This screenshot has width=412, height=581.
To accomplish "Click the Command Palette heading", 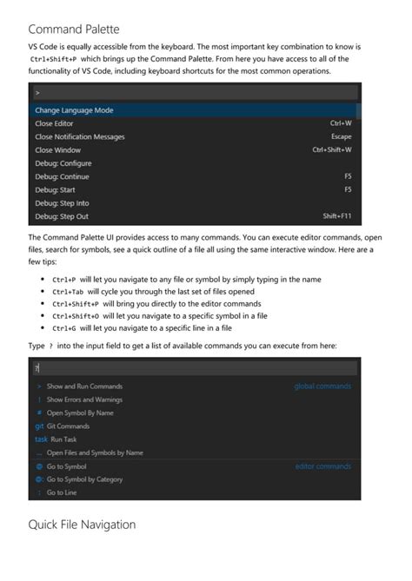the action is tap(74, 29).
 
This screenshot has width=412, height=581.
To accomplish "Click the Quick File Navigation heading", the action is tap(82, 525).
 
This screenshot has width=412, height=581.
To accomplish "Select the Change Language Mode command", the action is tap(74, 110).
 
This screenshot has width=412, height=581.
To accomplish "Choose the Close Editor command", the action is tap(54, 124).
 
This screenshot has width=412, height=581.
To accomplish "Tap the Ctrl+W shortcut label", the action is tap(341, 124).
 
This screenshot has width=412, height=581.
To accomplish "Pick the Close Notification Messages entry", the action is tap(79, 137).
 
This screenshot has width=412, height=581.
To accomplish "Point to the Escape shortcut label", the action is tap(342, 137).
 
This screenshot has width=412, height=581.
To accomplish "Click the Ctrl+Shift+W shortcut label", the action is tap(332, 150).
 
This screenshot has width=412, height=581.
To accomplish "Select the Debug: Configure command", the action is tap(63, 163).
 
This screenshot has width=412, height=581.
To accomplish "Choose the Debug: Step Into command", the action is tap(62, 203).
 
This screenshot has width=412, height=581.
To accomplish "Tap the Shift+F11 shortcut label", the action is tap(336, 216).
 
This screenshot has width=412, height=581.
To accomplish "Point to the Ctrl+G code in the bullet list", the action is tap(64, 328).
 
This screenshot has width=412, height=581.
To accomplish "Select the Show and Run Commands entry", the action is tap(84, 386).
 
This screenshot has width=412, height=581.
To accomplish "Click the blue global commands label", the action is tap(322, 386).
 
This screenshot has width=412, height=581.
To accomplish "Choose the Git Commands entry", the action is tap(68, 426).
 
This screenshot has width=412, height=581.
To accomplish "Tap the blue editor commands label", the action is tap(323, 466).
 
